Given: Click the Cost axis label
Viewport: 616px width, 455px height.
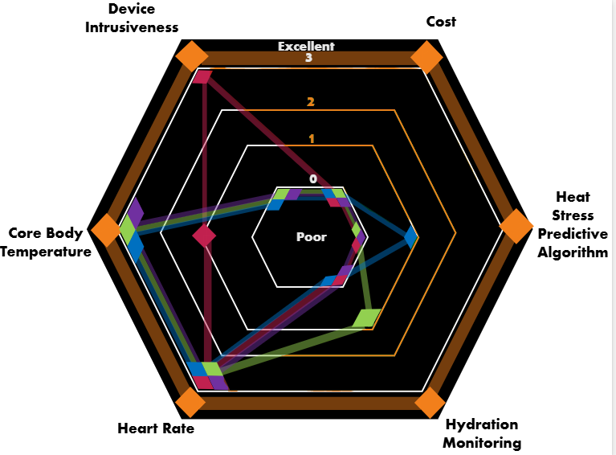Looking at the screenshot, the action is click(441, 22).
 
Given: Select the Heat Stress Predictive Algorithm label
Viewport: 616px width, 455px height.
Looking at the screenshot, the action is click(573, 224).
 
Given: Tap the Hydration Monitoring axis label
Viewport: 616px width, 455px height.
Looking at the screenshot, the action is click(482, 433).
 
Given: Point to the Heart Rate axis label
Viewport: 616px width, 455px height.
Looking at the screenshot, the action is click(156, 428).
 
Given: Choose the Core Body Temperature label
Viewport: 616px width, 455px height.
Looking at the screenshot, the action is click(46, 243).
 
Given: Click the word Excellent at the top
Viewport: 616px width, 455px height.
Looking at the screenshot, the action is click(306, 47).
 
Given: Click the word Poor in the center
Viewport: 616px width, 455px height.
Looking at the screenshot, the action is click(312, 237).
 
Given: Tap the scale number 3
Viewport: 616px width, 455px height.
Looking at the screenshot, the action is click(308, 58).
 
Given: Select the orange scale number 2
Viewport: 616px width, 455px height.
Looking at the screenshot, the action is click(310, 102).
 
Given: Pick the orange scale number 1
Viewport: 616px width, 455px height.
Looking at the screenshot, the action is click(312, 138).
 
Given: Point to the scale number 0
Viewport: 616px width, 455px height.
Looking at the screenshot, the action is click(313, 178).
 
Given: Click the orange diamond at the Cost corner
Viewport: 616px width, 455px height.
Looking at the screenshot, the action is click(427, 59).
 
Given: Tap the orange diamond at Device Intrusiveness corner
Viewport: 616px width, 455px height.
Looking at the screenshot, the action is click(192, 58).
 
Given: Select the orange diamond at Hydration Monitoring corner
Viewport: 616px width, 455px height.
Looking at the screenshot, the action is click(429, 403).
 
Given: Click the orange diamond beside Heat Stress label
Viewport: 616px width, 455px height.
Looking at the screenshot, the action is click(516, 227).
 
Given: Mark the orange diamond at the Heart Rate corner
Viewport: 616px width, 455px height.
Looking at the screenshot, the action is click(190, 403).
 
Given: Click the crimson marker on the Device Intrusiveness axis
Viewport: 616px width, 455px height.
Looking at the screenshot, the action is click(203, 77).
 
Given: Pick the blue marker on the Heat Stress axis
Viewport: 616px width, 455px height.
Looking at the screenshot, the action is click(411, 236).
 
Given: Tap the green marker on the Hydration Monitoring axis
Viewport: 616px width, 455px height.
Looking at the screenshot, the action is click(366, 318).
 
